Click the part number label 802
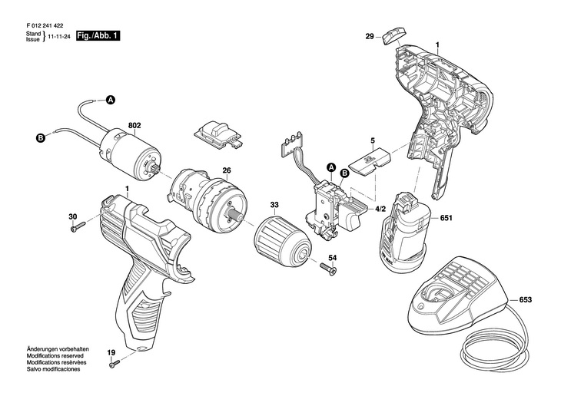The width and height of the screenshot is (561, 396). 134,125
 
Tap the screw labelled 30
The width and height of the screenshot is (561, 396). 78,227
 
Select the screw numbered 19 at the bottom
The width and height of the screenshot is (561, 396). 115,364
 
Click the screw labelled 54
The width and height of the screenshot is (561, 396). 328,268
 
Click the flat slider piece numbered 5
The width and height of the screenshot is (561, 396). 369,160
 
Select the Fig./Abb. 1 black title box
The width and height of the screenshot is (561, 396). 98,36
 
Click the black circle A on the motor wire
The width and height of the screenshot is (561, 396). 111,100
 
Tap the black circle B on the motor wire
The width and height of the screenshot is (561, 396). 41,137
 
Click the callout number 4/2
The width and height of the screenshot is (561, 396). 380,209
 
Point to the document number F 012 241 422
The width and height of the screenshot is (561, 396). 45,26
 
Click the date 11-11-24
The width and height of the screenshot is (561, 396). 58,37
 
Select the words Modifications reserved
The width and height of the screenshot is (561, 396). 55,355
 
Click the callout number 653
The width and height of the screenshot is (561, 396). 525,300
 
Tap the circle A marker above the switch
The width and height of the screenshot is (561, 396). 332,167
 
